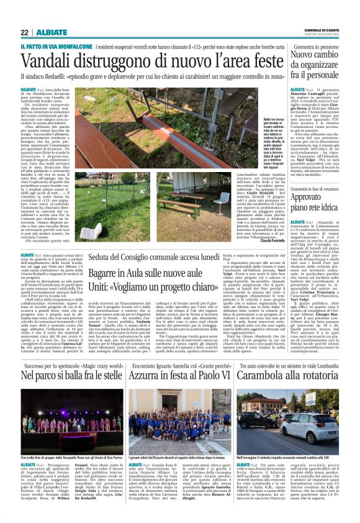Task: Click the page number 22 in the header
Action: click(24, 33)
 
